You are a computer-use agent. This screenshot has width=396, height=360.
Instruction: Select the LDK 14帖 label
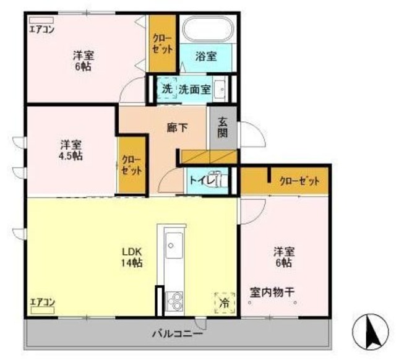point(132,257)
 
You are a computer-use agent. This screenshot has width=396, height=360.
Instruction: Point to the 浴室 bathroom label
point(207,56)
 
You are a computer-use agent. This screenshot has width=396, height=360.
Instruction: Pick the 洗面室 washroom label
point(195,89)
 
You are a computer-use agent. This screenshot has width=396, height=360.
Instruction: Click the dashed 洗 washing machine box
point(166,88)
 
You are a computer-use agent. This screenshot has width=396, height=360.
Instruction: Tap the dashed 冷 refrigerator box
point(223,303)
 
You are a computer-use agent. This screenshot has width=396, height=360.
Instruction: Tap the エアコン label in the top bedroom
point(41,28)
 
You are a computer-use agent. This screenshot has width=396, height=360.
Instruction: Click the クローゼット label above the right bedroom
point(299,181)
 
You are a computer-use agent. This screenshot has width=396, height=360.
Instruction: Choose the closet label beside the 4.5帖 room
point(132,165)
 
